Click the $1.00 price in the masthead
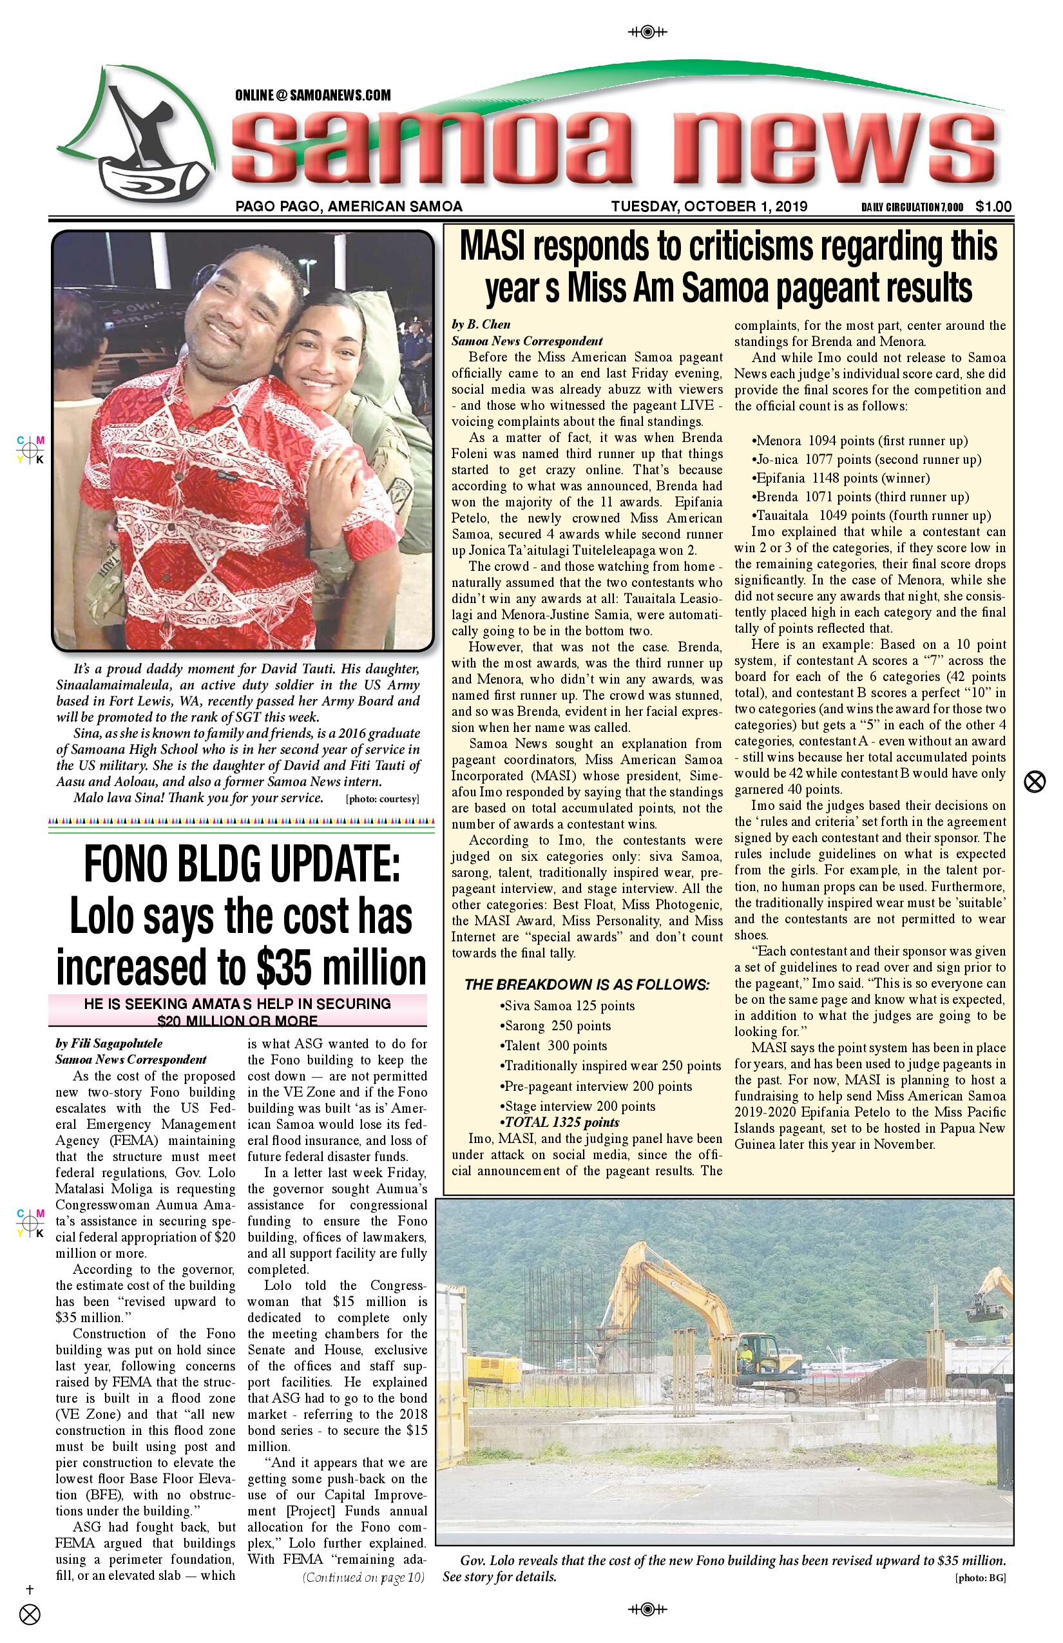click(993, 206)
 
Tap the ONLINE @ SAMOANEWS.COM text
click(312, 95)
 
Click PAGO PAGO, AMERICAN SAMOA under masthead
click(349, 206)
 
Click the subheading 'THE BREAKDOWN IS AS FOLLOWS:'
click(587, 985)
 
